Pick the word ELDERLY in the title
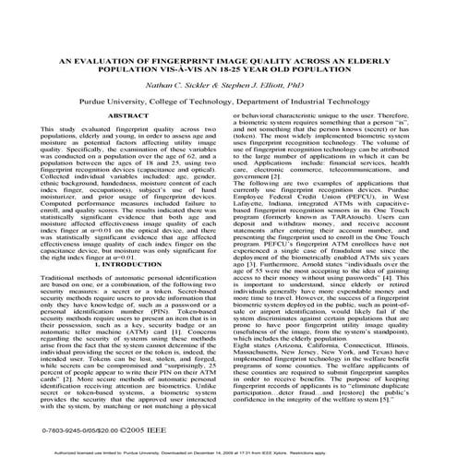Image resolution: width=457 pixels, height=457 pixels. click(386, 57)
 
